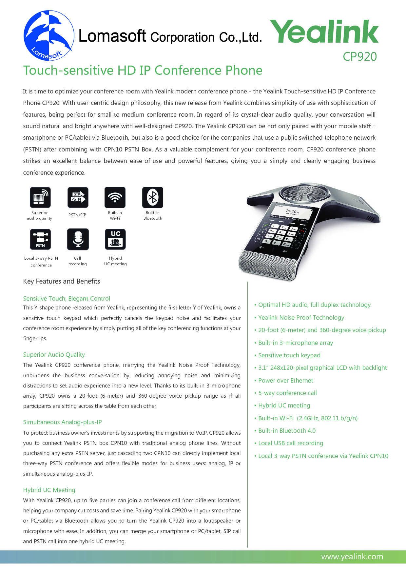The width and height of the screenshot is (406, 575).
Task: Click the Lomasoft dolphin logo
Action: pos(48,35)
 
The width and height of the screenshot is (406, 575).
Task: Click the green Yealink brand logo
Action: pos(324,31)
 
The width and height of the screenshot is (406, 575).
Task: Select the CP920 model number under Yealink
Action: pos(359,57)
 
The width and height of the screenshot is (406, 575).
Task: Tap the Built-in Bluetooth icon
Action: pos(152,197)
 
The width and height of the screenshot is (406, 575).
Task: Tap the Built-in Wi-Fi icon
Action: pos(115,197)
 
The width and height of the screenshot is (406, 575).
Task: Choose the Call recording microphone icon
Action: pos(78,239)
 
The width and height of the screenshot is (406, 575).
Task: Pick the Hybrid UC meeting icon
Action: pos(115,239)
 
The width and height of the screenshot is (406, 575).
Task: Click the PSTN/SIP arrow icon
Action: pos(78,197)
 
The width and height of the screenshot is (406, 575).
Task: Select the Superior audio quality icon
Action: pos(40,197)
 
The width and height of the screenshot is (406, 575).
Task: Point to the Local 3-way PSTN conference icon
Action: pos(40,239)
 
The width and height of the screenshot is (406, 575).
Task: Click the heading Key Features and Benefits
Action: pos(62,281)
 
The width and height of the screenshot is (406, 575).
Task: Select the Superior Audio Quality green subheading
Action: pos(54,354)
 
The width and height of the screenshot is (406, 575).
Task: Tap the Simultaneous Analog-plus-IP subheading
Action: pos(62,422)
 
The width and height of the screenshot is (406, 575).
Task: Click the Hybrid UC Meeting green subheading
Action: pos(49,490)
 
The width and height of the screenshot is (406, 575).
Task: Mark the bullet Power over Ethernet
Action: pos(285,380)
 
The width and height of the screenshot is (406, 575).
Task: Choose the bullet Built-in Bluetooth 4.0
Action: pos(287,430)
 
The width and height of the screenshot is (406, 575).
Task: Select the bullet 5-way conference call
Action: pos(287,393)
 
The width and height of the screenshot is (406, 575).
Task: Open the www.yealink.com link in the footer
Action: pos(352,556)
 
